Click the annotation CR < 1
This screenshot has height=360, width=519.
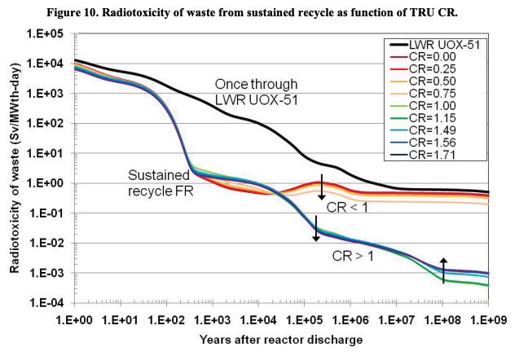coord(346,207)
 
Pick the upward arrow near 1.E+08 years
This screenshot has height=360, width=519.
coord(443,270)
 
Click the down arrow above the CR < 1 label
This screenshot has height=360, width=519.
coord(322,187)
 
